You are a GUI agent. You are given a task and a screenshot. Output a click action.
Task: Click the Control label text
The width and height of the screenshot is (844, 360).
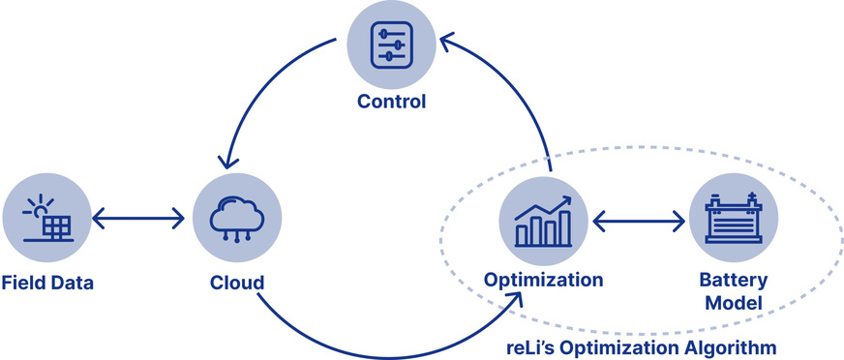(390, 102)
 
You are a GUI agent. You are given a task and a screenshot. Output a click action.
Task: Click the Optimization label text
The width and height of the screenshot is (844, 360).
(544, 280)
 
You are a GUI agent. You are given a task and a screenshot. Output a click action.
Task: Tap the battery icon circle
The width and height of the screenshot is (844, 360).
(733, 221)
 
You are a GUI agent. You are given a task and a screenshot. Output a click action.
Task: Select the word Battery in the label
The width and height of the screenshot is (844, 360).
(733, 280)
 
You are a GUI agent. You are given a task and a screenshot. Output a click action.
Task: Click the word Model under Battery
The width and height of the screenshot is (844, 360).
(733, 303)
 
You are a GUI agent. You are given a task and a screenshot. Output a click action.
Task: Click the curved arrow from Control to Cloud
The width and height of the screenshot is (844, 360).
(256, 87)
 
